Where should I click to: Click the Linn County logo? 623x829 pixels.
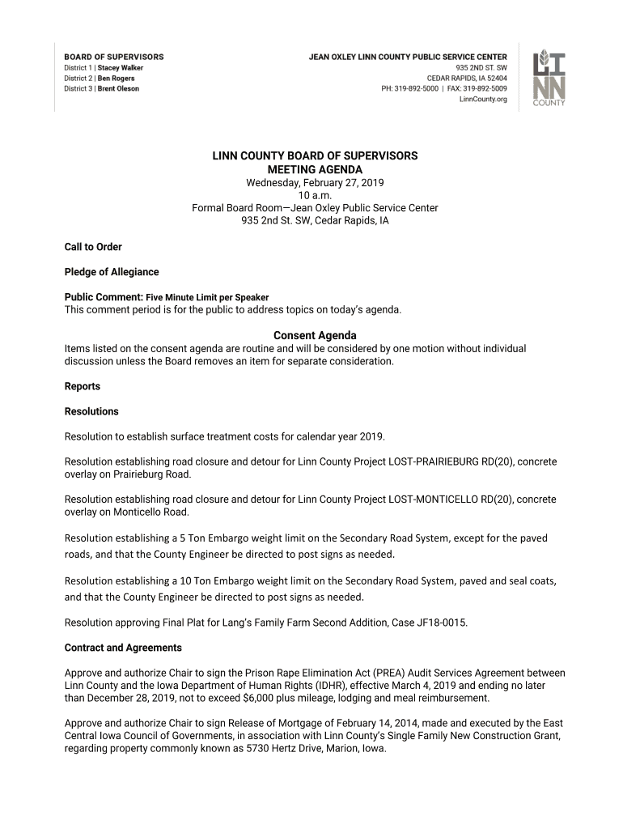point(549,79)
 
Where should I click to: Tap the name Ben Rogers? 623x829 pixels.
point(117,79)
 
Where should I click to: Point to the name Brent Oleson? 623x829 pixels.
point(118,89)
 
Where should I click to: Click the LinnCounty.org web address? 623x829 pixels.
point(483,100)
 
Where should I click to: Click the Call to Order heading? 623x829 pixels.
point(93,247)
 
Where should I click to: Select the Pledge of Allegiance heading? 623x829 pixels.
point(112,272)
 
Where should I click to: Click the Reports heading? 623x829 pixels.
point(83,386)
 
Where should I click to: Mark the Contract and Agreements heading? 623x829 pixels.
point(123,648)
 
